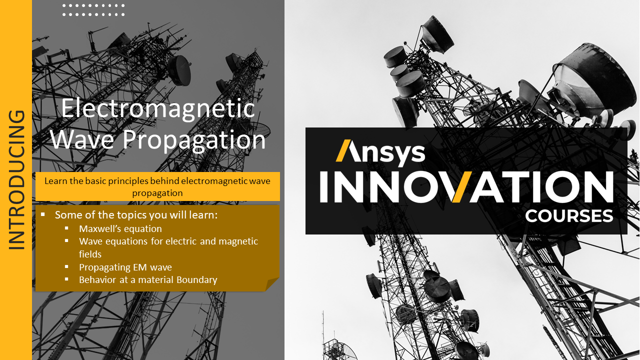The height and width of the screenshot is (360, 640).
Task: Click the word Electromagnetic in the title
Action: [158, 109]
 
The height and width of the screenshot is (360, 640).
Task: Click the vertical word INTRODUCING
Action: [16, 180]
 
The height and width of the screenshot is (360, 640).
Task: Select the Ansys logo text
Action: [380, 152]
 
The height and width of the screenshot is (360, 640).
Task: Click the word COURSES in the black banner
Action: [569, 216]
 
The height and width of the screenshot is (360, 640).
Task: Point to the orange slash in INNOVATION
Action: [462, 187]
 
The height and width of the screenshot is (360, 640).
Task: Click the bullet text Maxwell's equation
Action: [120, 229]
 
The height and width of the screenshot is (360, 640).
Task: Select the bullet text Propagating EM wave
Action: [125, 267]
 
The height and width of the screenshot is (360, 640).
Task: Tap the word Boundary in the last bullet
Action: [197, 279]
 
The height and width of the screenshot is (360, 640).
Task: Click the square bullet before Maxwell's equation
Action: [66, 228]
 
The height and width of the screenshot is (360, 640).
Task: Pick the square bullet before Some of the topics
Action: [43, 214]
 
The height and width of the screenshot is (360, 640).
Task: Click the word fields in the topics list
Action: [90, 254]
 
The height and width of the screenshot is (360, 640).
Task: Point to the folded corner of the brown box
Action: [271, 284]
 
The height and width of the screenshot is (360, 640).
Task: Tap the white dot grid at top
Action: [93, 10]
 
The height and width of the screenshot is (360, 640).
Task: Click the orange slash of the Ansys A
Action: [343, 150]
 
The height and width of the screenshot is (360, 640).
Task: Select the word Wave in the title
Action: [82, 139]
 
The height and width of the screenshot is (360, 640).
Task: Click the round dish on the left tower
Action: [180, 70]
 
